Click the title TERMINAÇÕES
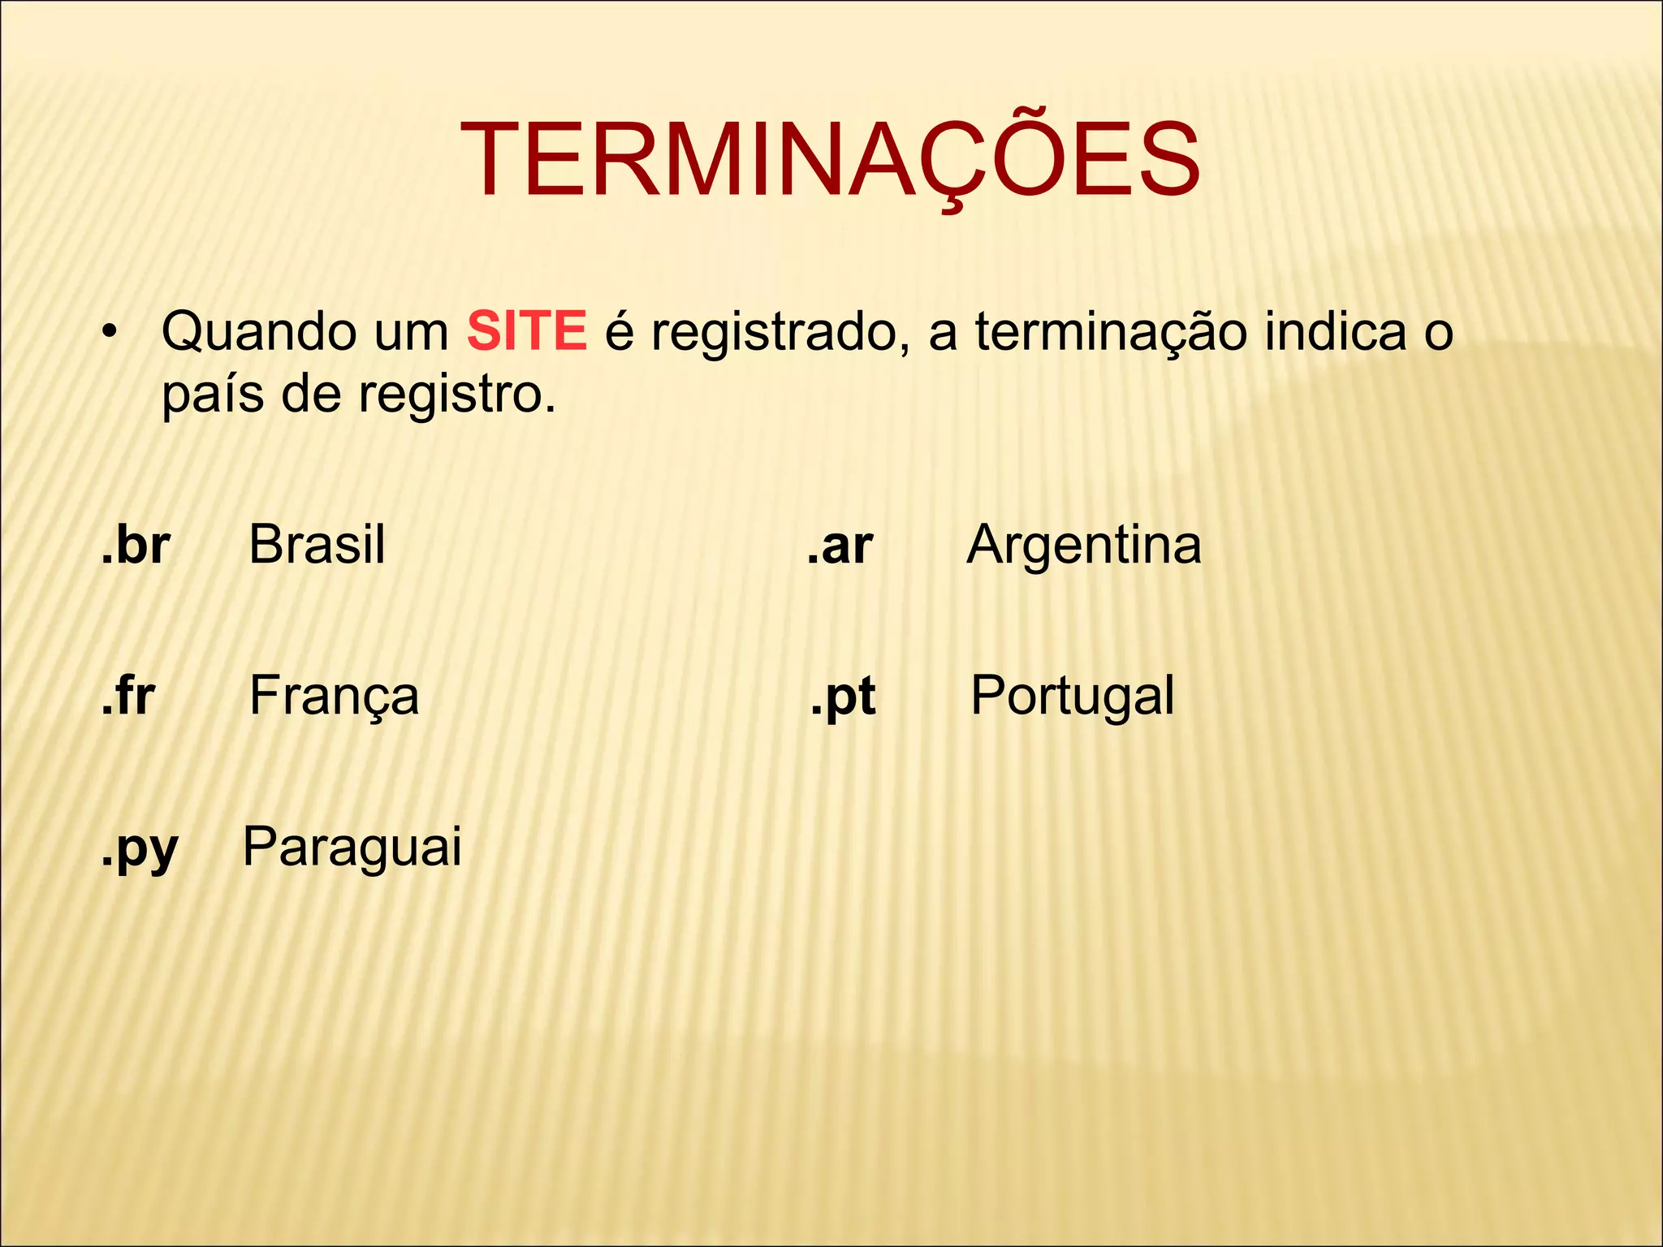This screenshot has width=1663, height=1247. [x=830, y=160]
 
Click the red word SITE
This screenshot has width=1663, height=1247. [x=526, y=331]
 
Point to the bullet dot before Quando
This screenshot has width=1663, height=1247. [x=109, y=333]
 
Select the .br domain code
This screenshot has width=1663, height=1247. [x=136, y=545]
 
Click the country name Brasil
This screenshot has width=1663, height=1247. [x=317, y=545]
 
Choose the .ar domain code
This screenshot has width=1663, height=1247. [x=840, y=546]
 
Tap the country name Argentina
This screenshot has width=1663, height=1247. [x=1084, y=546]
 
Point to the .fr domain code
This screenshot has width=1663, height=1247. [x=128, y=696]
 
